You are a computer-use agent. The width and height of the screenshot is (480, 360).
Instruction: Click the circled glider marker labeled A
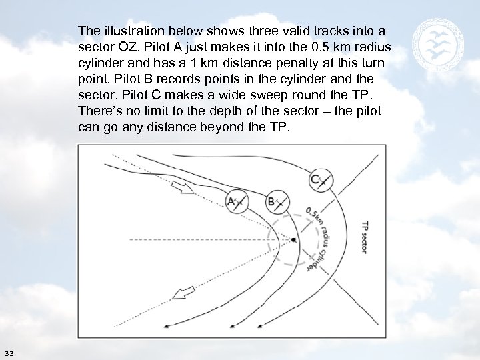[235, 200]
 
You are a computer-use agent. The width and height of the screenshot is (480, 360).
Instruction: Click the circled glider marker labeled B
[275, 200]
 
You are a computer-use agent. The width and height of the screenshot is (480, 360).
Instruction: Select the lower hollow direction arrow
[183, 293]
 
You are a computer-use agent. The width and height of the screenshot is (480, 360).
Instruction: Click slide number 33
[9, 353]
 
